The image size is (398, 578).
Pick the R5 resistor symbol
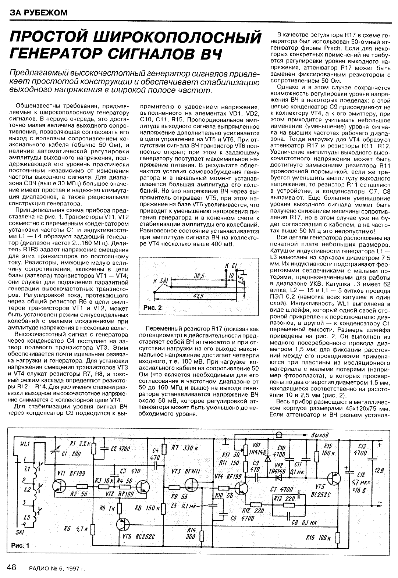point(93,530)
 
